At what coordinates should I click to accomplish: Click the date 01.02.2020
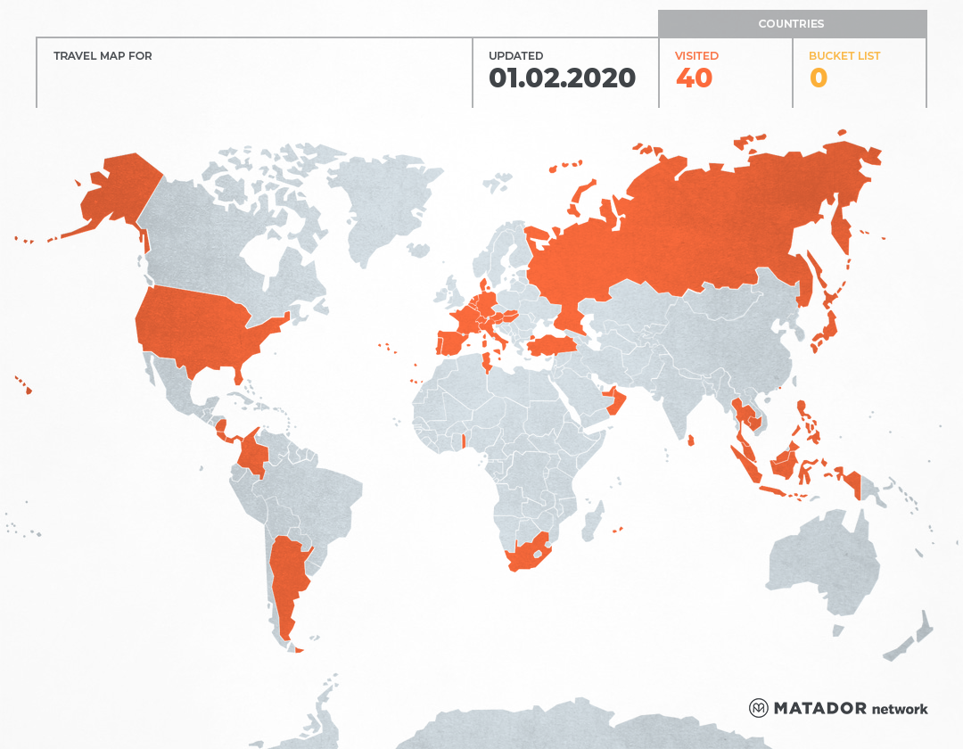click(562, 78)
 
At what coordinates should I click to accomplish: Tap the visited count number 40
click(694, 78)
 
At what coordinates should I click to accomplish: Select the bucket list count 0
click(818, 78)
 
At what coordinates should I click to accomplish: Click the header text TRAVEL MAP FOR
click(103, 56)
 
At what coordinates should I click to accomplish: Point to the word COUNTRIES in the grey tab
click(791, 24)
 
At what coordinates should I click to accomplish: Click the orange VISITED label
click(696, 56)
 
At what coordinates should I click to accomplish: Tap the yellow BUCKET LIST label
click(844, 56)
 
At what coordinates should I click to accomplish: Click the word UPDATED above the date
click(515, 56)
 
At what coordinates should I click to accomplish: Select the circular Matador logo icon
click(758, 708)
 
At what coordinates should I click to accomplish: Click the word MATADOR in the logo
click(820, 708)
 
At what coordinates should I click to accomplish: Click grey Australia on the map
click(820, 562)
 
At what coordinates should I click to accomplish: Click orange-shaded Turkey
click(553, 345)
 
